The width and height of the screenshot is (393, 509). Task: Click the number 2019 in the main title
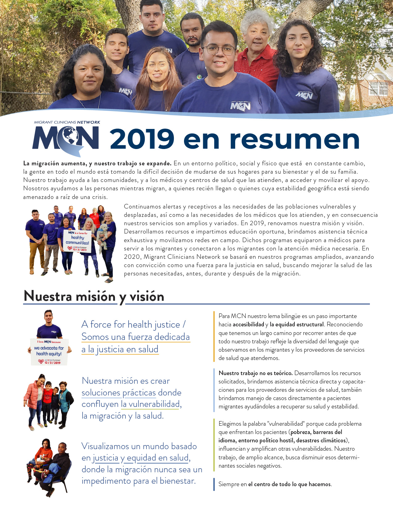[x=142, y=139]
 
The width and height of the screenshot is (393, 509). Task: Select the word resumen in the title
[x=294, y=140]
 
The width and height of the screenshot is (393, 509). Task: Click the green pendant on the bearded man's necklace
[x=199, y=76]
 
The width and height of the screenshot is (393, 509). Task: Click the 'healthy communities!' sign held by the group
[x=77, y=241]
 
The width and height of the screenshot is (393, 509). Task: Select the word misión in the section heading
[x=96, y=296]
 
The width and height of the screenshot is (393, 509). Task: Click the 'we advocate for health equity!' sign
[x=49, y=352]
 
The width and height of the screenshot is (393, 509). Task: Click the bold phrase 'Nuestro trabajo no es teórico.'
[x=256, y=373]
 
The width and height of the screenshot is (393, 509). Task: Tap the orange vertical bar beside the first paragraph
[x=214, y=336]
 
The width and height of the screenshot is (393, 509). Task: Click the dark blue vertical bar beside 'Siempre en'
[x=214, y=484]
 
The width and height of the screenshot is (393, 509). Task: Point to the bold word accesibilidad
[x=248, y=325]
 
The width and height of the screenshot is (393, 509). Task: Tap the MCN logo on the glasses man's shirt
[x=240, y=106]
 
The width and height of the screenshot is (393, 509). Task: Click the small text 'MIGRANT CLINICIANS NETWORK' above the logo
[x=67, y=122]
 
